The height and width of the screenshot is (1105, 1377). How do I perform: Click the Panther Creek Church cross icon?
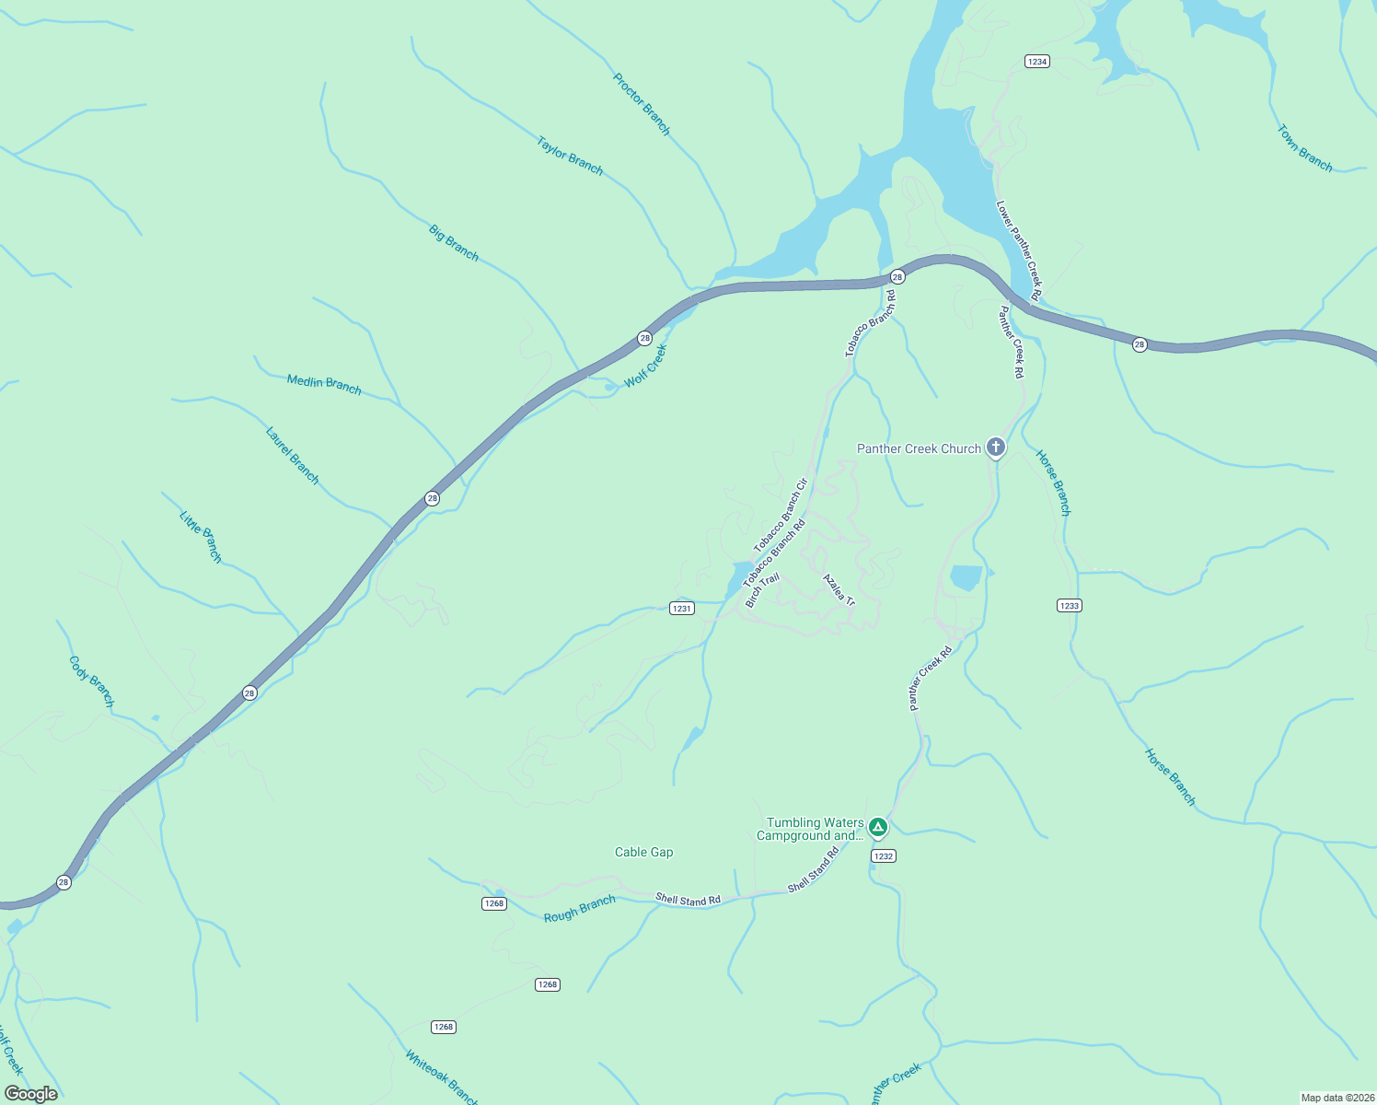click(995, 448)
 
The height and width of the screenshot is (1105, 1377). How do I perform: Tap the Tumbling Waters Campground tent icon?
click(878, 828)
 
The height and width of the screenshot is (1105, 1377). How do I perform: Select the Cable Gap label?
click(643, 852)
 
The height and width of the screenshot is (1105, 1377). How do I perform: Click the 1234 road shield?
click(1037, 61)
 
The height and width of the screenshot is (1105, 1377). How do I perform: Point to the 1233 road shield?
click(1069, 605)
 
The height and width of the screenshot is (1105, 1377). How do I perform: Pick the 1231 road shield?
click(681, 608)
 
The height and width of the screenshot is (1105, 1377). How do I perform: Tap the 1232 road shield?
click(883, 855)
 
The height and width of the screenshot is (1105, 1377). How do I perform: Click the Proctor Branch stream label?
click(642, 104)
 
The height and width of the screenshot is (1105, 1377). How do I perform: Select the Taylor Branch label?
click(570, 156)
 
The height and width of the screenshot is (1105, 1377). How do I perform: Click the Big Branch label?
click(454, 242)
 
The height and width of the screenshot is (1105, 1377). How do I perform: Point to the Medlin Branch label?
click(324, 383)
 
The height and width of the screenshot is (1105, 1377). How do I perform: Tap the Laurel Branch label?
click(292, 455)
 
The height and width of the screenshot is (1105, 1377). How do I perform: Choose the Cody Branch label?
click(92, 681)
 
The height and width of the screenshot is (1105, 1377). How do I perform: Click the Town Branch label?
click(1304, 148)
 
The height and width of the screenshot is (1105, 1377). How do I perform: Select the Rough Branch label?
click(579, 909)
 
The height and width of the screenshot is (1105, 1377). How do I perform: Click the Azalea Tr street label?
click(839, 590)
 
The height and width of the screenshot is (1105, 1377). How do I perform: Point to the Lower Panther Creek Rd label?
click(1019, 250)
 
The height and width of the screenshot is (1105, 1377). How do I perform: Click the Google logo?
click(30, 1093)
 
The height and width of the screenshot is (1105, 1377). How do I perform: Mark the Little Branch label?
click(201, 536)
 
